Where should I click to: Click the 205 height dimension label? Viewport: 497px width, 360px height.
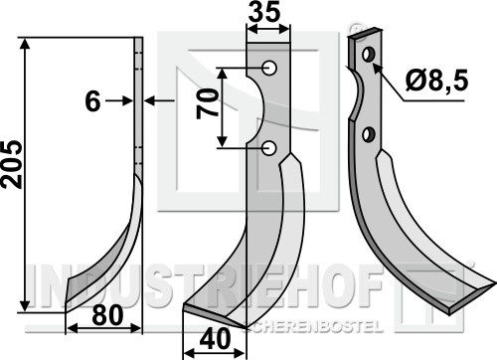pos(12,165)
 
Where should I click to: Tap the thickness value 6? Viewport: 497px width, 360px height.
pos(92,101)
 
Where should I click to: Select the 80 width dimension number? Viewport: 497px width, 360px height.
pos(107,315)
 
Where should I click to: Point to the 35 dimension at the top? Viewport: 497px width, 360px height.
pos(264,13)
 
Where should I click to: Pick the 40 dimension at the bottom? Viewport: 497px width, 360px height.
pos(216,339)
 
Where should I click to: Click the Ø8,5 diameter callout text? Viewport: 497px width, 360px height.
pos(436,81)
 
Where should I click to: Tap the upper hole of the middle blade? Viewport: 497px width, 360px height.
pos(269,68)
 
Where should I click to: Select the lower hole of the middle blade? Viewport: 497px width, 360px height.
pos(269,148)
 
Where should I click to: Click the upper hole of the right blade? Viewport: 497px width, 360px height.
pos(369,55)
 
